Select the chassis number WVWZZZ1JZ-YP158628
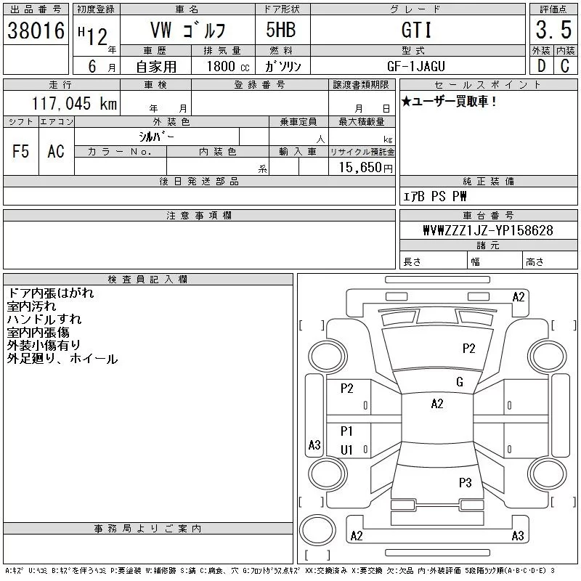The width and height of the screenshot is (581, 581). (x=488, y=230)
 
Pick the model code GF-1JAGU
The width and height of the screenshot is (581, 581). (x=416, y=66)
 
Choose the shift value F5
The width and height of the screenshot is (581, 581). (x=20, y=151)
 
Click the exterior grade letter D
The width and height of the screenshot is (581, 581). (x=541, y=66)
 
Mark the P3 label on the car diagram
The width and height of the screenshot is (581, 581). (x=466, y=482)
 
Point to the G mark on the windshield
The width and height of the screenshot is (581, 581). (x=459, y=382)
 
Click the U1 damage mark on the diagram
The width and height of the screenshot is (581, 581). (x=346, y=450)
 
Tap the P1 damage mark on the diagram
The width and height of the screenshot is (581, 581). (x=346, y=431)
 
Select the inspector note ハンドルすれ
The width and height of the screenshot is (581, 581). (x=44, y=320)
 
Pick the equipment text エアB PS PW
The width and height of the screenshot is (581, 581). (x=435, y=197)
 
